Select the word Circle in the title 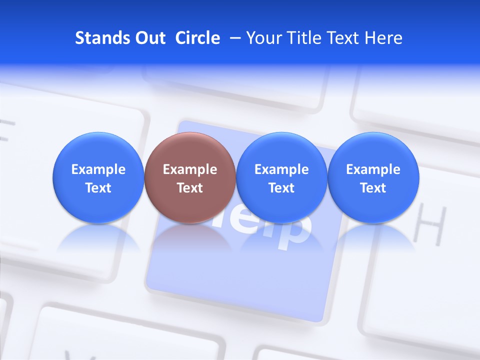pos(197,38)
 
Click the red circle pos(189,150)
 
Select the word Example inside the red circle pos(189,169)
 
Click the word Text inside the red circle pos(189,188)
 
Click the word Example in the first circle pos(98,169)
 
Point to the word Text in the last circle pos(373,188)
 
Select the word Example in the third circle pos(281,169)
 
